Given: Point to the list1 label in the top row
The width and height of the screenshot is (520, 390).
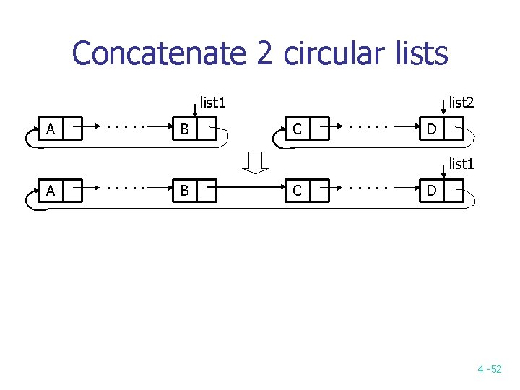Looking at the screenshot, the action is tap(212, 103).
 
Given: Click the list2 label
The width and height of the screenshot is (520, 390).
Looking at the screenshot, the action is tap(461, 103).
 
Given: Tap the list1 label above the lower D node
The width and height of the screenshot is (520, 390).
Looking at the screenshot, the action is tap(461, 164).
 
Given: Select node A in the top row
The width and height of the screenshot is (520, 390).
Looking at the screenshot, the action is tap(50, 130).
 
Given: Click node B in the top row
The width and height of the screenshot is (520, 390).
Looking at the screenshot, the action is tap(185, 130).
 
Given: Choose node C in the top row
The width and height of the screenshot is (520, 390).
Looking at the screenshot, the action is tap(297, 130).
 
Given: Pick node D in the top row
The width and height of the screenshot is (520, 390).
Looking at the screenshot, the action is tap(431, 130).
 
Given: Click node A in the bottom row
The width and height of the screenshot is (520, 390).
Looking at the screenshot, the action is tap(50, 191).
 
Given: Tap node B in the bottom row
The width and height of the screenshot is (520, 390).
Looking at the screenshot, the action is tap(185, 191).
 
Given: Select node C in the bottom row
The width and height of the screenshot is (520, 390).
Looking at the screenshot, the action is tap(297, 191).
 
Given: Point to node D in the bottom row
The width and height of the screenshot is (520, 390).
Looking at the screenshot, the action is tap(431, 191).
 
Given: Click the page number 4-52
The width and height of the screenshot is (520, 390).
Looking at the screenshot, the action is tap(489, 369).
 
